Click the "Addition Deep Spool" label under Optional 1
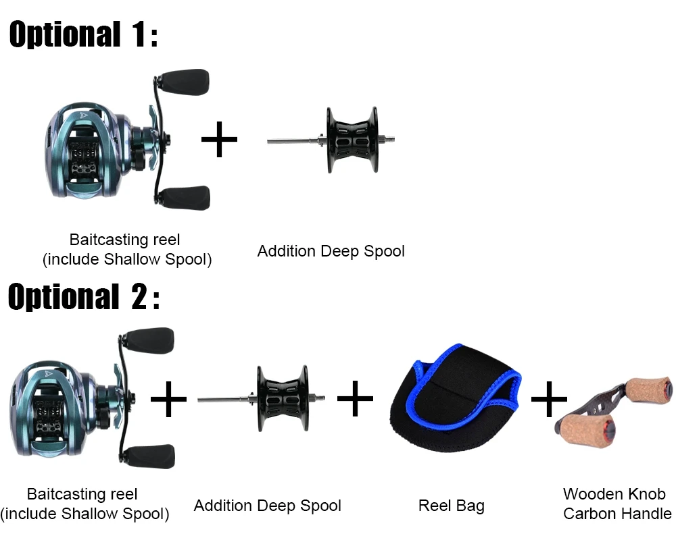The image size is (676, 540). tap(331, 251)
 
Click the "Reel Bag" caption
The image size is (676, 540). tap(451, 506)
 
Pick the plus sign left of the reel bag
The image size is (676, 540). tap(356, 399)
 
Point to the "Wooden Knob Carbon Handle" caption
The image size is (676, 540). tap(617, 504)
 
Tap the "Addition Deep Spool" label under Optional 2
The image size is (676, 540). tap(267, 506)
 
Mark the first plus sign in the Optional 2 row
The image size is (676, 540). tap(168, 399)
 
